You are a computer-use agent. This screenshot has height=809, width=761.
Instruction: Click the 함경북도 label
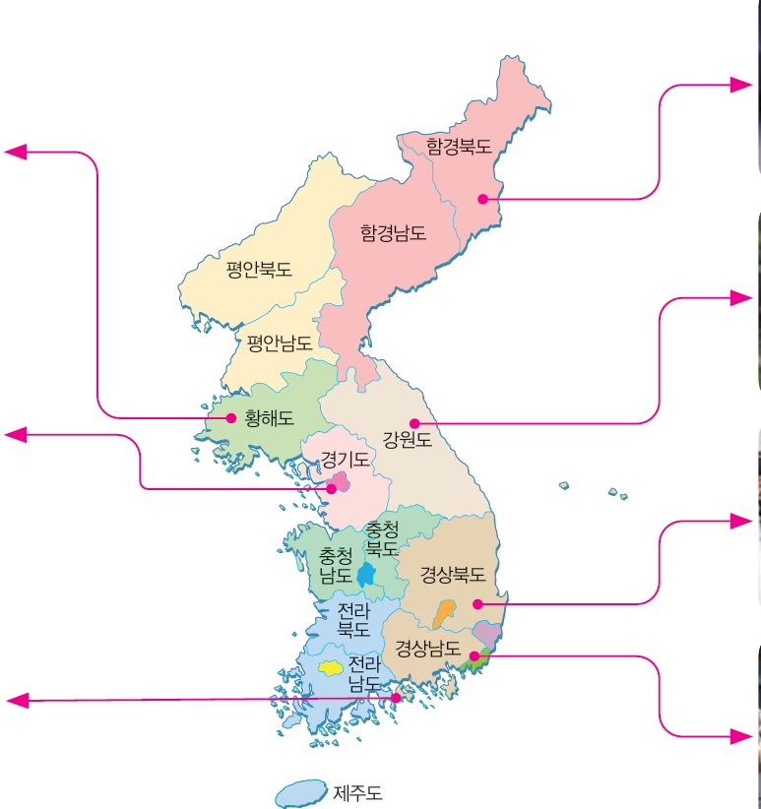click(x=459, y=146)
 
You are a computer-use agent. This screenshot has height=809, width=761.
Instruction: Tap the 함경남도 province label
click(x=393, y=233)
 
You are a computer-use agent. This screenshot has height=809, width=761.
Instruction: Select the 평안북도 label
click(x=259, y=269)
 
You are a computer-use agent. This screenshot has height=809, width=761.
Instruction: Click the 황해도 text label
click(x=269, y=417)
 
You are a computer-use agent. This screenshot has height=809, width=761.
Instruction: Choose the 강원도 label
click(x=408, y=440)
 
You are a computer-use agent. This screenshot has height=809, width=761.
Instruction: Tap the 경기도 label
click(x=345, y=460)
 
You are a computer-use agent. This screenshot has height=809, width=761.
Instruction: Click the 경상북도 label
click(x=453, y=573)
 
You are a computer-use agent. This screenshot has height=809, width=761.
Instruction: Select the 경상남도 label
click(x=428, y=649)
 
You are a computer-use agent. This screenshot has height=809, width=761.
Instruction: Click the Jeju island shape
click(x=299, y=793)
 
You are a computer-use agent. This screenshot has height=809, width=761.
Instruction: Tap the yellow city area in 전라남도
click(x=329, y=667)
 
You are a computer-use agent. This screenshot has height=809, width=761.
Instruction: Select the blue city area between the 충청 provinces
click(x=366, y=574)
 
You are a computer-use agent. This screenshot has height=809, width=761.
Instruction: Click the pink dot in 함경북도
click(x=482, y=199)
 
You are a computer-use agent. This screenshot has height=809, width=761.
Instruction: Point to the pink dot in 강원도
click(x=414, y=423)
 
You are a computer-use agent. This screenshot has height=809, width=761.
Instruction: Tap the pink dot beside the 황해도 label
click(x=231, y=418)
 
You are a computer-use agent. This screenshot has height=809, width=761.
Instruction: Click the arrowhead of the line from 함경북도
click(x=742, y=86)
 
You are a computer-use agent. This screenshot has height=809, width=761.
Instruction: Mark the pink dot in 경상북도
click(x=477, y=603)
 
